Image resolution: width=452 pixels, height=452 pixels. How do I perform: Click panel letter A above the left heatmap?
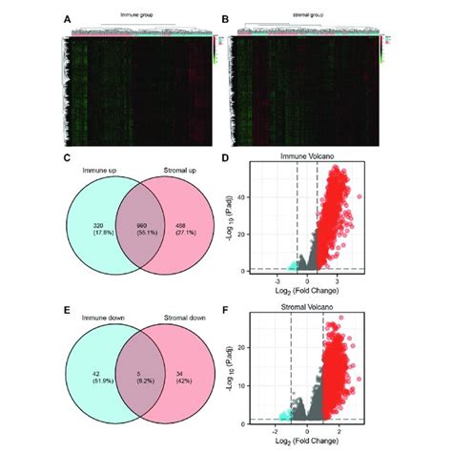[66, 16]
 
